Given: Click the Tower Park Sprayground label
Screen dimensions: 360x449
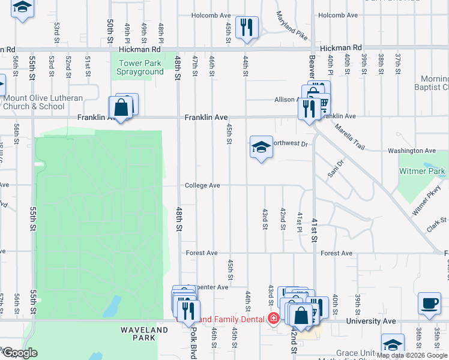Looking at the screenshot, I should tap(141, 67).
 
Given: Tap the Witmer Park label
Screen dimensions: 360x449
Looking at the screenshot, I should tap(423, 172).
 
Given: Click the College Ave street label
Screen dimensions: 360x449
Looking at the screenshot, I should tap(202, 186).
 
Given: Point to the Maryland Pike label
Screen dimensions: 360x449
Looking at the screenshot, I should tap(291, 26).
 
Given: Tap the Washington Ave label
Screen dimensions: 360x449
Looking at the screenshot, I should tap(412, 151).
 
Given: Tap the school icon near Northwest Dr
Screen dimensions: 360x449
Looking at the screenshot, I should tap(261, 146).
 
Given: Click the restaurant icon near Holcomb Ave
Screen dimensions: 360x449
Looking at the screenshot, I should tap(246, 27).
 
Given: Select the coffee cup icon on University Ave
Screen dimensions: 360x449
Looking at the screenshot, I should tap(429, 304).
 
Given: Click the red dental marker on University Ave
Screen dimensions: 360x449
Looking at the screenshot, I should tap(273, 318).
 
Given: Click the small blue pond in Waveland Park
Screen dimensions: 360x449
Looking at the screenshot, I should tap(110, 307).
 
